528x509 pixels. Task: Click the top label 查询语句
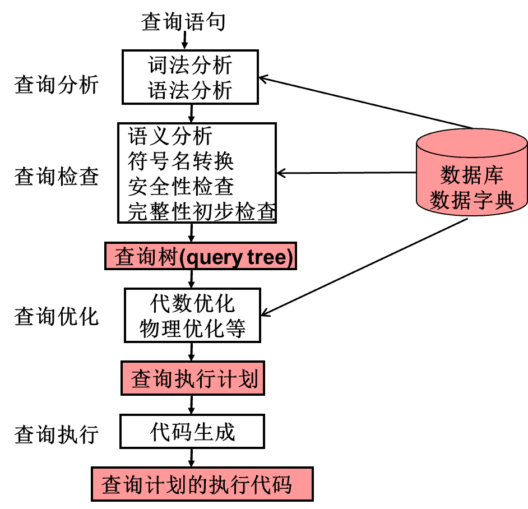183,22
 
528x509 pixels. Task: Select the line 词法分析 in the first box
190,66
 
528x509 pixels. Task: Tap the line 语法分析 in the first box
190,90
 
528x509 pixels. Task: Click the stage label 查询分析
57,86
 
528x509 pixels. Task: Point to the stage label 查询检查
57,177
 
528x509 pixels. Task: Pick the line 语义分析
170,136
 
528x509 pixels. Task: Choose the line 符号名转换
180,161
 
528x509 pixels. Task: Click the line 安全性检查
180,187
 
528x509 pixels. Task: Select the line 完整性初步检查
201,212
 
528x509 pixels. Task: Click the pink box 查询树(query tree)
200,257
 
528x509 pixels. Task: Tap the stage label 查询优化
57,316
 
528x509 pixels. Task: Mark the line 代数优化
192,303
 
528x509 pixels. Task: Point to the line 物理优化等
192,328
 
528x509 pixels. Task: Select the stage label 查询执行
57,434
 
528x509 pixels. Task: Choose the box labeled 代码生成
192,432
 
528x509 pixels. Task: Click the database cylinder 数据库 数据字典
471,179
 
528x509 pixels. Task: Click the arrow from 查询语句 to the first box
184,41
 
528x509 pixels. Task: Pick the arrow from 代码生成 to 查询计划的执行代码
192,457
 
